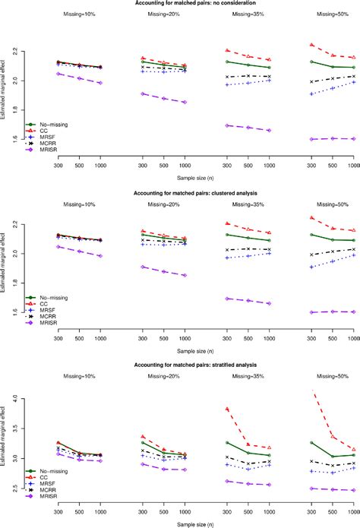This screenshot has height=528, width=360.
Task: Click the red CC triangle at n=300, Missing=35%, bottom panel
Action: coord(227,409)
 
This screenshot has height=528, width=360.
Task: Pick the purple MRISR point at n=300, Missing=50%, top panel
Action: coord(311,139)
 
